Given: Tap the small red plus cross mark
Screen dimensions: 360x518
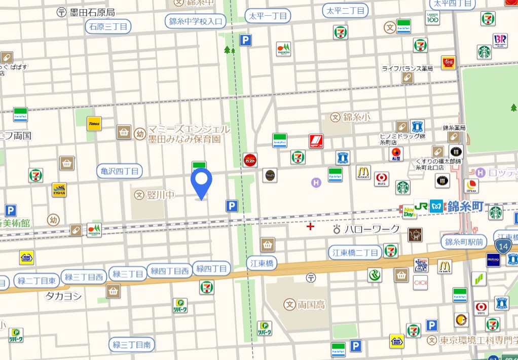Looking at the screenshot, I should pos(310,227).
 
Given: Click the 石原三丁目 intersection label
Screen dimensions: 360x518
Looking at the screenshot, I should pos(108,26).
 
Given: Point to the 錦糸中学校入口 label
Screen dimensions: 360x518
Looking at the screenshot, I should pos(196,21).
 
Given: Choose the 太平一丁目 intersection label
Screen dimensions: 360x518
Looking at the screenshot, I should pos(268,16).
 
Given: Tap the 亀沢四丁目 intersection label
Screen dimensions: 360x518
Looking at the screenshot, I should pos(120,171).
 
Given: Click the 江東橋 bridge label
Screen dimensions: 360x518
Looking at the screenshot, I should pos(263,263).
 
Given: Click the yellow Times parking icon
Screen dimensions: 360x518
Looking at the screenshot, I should pos(94,123).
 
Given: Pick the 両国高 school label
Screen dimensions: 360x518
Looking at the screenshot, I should pos(311,305).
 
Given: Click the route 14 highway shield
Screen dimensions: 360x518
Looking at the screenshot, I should pos(502,246).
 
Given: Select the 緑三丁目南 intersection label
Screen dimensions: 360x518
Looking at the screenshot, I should pos(131,345).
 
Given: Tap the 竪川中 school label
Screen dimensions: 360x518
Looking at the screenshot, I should pos(161,194).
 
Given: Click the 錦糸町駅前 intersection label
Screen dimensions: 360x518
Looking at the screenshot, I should pos(464,242).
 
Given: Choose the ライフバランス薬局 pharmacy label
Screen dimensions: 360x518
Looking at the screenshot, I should pos(407,68).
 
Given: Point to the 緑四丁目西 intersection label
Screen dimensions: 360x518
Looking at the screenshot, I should pos(170,271).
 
